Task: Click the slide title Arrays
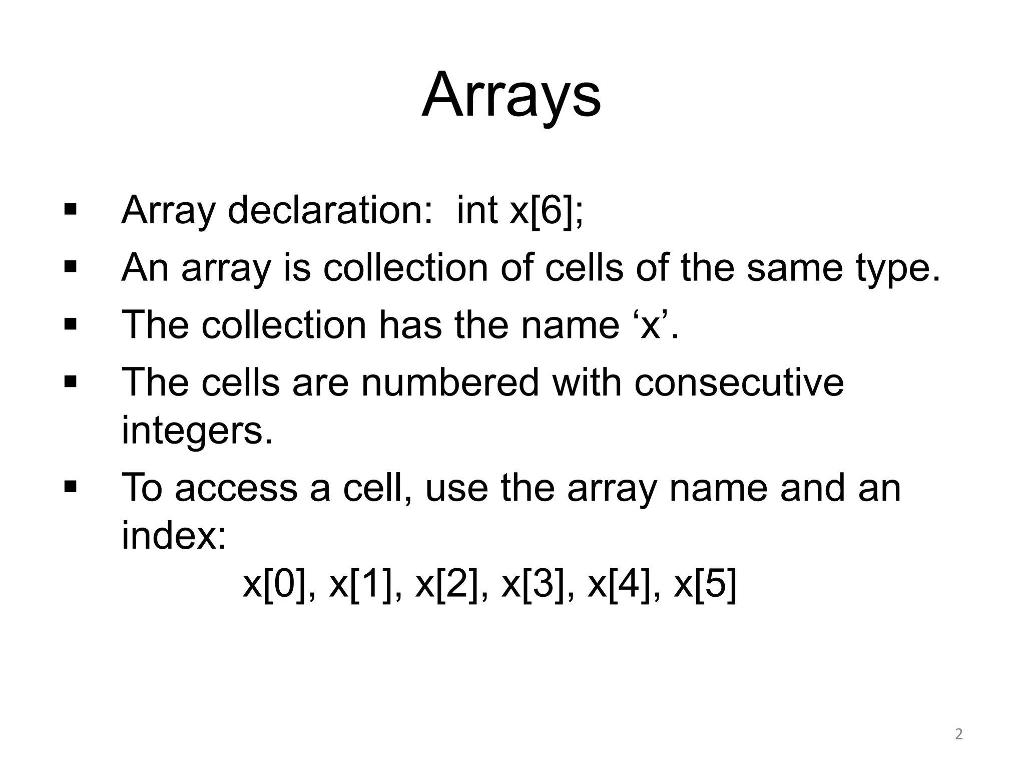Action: click(511, 95)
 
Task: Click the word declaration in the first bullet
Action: click(329, 210)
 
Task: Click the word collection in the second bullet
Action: click(405, 267)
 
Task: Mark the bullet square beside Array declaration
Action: click(71, 208)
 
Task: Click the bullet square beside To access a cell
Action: click(71, 486)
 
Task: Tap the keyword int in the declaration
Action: click(477, 210)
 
